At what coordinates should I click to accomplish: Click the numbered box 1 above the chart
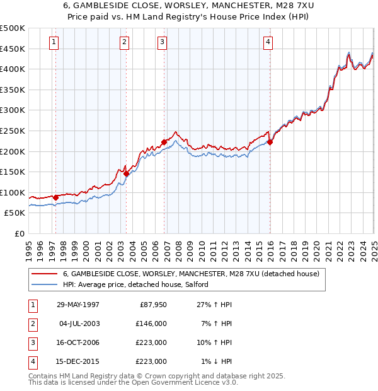tap(54, 42)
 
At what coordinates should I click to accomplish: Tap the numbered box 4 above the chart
tap(268, 42)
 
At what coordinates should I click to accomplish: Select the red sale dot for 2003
tap(126, 173)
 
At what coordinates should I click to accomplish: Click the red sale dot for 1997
tap(56, 197)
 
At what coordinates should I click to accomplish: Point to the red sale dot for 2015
tap(270, 142)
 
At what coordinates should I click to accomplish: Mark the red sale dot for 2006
tap(164, 142)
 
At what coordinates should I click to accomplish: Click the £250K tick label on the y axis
tap(13, 131)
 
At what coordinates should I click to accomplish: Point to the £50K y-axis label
tap(15, 213)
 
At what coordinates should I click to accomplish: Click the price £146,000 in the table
tap(152, 324)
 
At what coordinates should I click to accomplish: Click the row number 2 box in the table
tap(32, 324)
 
